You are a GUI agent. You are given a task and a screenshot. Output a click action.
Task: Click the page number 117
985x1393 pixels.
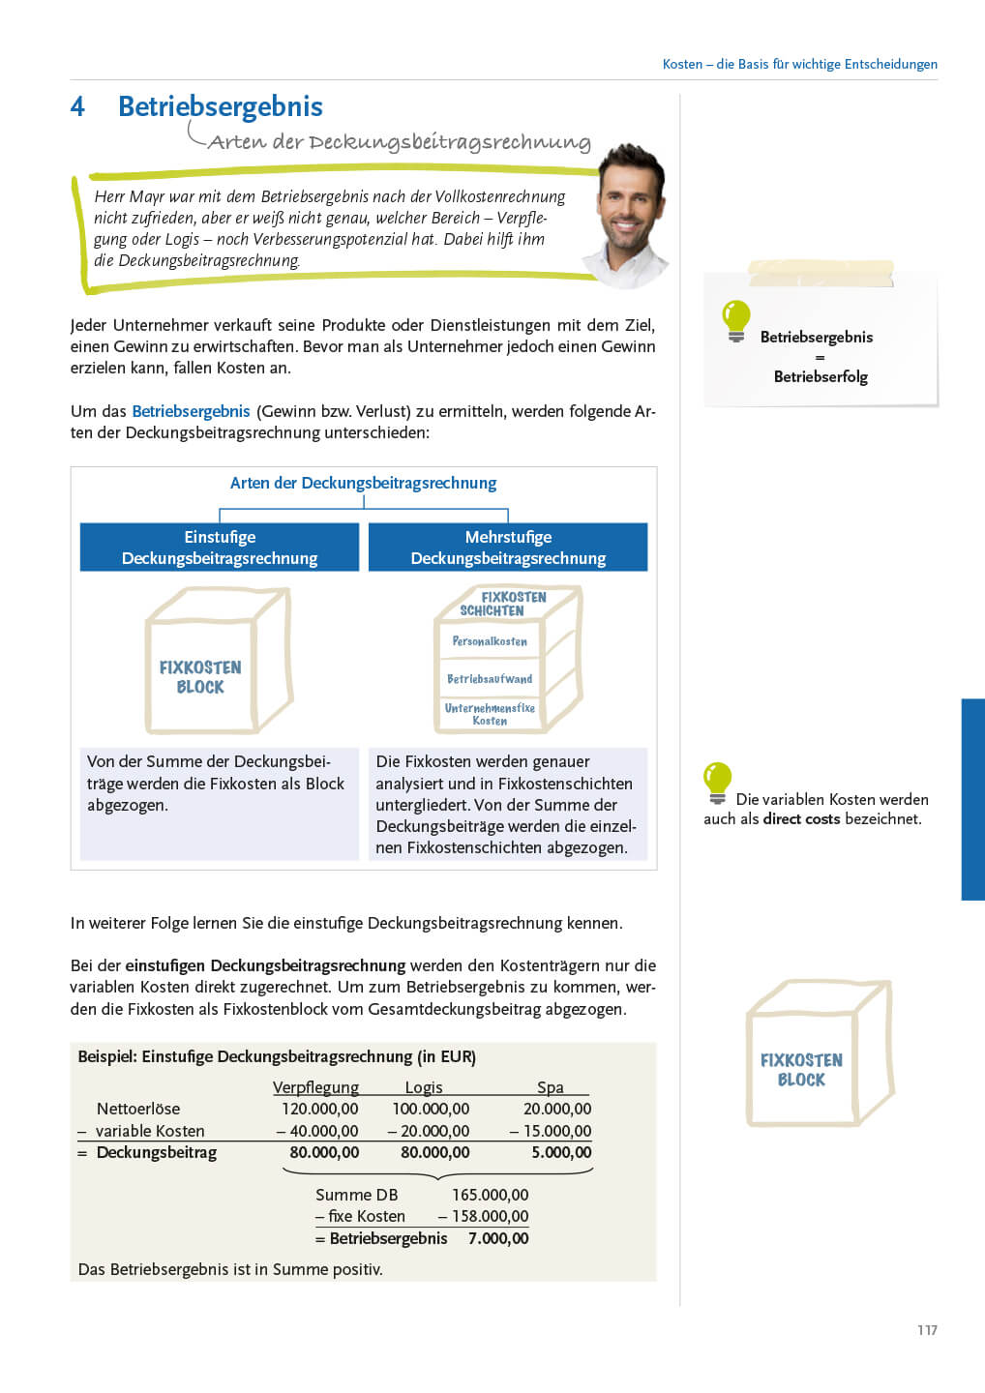click(x=927, y=1330)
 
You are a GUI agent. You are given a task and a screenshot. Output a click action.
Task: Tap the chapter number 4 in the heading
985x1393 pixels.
click(x=77, y=106)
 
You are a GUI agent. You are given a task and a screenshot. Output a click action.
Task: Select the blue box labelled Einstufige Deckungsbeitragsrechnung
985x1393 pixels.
click(x=220, y=548)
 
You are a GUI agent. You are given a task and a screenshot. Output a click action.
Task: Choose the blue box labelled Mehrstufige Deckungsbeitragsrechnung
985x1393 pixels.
click(x=508, y=548)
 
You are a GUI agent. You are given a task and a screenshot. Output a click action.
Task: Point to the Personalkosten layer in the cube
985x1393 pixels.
click(x=490, y=641)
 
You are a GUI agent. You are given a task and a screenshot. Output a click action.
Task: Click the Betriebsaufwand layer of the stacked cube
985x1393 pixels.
click(x=490, y=679)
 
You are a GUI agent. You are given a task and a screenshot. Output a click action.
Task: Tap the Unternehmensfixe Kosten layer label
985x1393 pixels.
click(x=490, y=714)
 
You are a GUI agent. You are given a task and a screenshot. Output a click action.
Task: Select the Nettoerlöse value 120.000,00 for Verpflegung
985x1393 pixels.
click(x=319, y=1109)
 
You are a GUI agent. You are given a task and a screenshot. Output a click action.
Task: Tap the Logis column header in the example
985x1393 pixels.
click(x=424, y=1087)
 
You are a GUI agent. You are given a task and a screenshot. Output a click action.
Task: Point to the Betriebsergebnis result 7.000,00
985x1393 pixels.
click(x=498, y=1238)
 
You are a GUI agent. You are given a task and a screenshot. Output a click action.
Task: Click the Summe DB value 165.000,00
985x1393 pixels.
click(x=491, y=1195)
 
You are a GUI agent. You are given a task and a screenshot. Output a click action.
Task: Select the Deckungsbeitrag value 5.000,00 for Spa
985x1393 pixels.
click(x=561, y=1152)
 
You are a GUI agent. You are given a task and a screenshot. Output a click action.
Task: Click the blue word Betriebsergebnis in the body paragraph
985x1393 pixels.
click(x=191, y=411)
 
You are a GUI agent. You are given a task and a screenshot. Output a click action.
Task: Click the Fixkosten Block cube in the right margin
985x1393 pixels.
click(x=818, y=1054)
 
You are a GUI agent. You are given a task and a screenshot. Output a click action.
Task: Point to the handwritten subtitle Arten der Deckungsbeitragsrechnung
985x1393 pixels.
click(x=399, y=142)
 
